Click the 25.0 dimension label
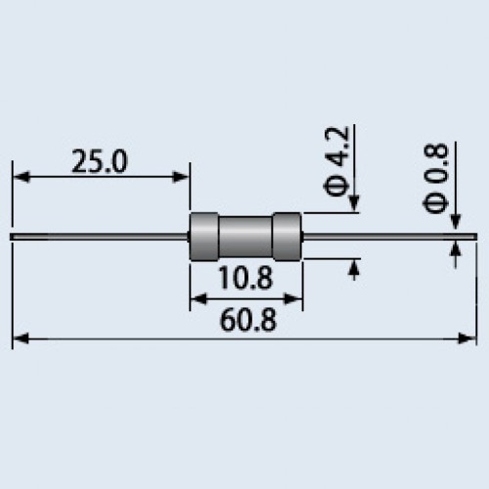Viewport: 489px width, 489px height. (100, 161)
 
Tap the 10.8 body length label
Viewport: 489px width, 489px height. (245, 278)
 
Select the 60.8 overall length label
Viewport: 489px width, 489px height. (248, 320)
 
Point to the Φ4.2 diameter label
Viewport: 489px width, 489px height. (336, 161)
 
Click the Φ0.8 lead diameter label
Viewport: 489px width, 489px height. (436, 178)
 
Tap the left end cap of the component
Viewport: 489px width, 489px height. (204, 237)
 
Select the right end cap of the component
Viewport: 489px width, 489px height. (287, 237)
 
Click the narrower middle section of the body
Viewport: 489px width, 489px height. (245, 237)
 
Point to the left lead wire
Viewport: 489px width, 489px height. (100, 237)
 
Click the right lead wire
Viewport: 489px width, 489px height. (390, 237)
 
